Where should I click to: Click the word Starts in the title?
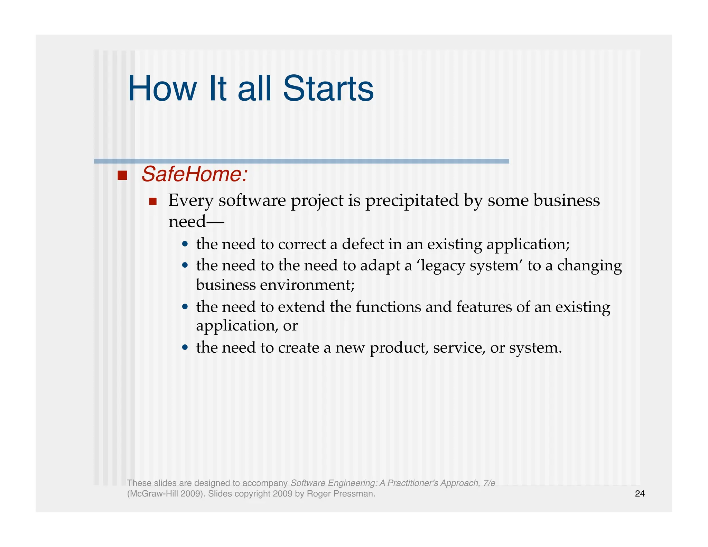(328, 89)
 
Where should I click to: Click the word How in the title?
(162, 89)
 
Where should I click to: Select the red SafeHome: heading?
(195, 174)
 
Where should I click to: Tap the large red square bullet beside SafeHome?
(122, 175)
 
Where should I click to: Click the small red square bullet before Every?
(153, 201)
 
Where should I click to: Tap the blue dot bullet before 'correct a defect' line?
(185, 244)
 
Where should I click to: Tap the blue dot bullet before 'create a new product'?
(185, 347)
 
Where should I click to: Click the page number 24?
(640, 494)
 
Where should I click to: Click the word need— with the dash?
(196, 222)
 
